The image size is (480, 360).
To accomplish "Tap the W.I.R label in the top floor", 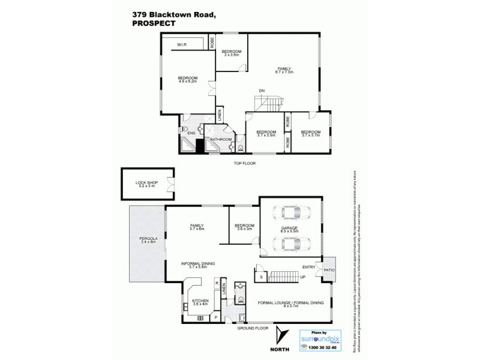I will [x=181, y=45].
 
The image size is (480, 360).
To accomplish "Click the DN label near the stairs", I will [x=262, y=91].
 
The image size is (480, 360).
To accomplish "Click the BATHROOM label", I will [x=221, y=139].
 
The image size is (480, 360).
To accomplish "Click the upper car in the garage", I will [x=290, y=213].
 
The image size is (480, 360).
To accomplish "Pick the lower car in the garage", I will [x=290, y=243].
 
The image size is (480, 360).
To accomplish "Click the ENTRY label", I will [x=309, y=267].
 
